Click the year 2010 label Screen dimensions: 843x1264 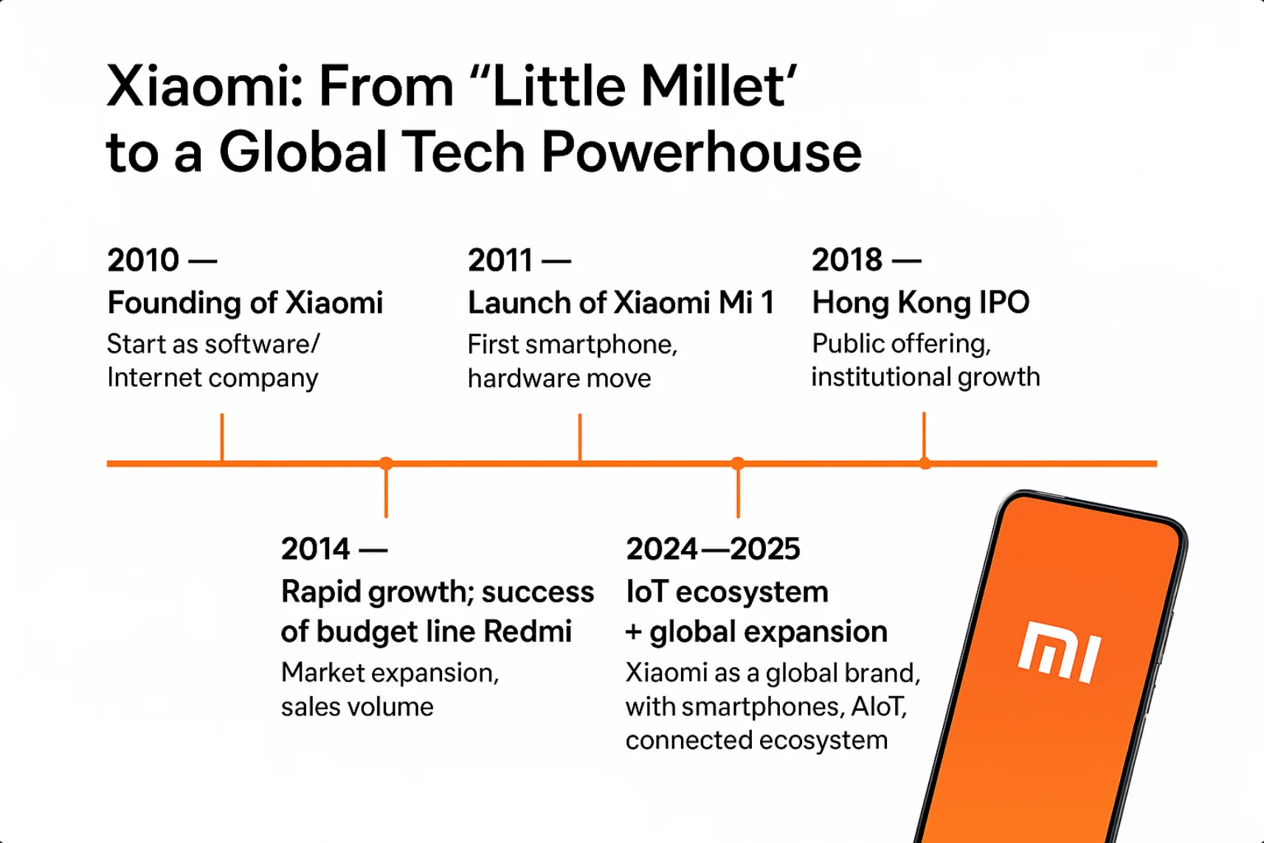point(143,260)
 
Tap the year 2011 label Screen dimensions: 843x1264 point(500,260)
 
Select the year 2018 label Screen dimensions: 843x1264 point(847,260)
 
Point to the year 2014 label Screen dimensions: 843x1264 point(315,549)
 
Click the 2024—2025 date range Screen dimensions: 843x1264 point(713,549)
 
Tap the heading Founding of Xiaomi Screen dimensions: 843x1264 point(245,303)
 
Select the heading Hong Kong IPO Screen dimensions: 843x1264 point(920,303)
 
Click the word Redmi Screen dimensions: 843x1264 point(528,632)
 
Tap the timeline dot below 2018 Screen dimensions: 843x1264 point(925,464)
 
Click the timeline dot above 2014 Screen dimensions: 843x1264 point(386,464)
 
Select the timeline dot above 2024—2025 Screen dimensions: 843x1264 point(738,464)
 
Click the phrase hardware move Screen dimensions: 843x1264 point(559,379)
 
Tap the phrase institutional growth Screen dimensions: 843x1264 point(925,378)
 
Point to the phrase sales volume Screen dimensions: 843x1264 point(357,707)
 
